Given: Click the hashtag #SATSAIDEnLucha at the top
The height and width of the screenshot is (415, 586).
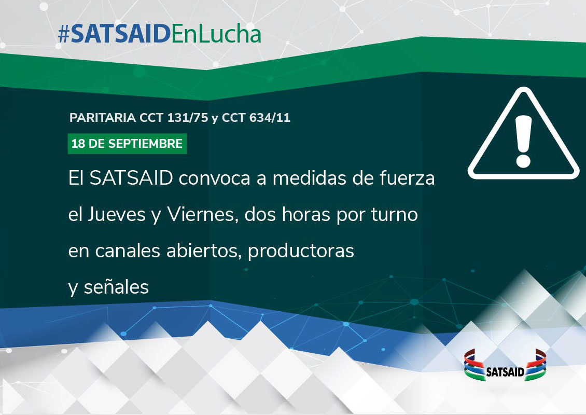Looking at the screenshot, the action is pos(160,34).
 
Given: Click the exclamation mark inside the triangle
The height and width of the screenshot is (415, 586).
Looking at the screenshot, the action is pos(523,141).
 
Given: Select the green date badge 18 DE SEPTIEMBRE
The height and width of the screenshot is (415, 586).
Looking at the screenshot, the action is pos(127,144).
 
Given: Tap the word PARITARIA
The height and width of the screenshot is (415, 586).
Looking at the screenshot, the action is pos(102,118).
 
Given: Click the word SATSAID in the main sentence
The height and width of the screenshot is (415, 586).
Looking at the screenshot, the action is pos(131,178).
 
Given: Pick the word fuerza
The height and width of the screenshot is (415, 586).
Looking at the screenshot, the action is pos(408,178).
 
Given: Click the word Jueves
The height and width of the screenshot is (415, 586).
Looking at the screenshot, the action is pos(116,215).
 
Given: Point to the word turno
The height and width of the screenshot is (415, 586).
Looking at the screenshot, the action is pos(394,215).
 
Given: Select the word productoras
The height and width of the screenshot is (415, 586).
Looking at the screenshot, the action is pos(301,251).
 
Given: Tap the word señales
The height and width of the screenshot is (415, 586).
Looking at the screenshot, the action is pos(116,287).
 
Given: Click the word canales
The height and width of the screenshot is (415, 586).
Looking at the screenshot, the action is pos(128,251).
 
